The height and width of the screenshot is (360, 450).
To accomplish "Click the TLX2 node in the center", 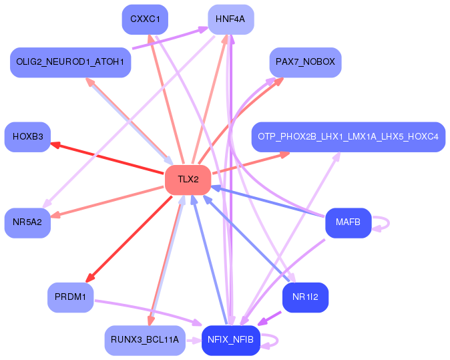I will tap(188, 180).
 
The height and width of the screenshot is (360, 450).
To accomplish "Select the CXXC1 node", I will tap(145, 19).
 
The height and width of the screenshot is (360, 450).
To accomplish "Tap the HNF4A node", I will tap(230, 19).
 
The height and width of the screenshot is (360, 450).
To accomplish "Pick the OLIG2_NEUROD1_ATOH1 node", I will tap(70, 62).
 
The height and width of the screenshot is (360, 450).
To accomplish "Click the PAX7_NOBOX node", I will tap(305, 62).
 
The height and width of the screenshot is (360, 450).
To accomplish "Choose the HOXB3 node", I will tap(27, 137).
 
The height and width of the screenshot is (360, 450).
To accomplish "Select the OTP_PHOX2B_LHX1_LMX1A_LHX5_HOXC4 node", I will tap(348, 137).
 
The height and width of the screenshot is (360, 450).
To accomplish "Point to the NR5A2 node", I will tap(27, 222).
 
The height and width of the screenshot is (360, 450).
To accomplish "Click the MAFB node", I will tap(348, 222).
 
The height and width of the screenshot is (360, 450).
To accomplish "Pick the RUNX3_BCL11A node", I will tap(145, 340).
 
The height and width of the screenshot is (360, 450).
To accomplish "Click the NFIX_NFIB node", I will tap(230, 340).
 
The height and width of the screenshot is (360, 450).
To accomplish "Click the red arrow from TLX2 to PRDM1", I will tap(134, 234).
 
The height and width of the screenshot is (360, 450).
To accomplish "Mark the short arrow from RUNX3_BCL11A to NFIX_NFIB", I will tap(193, 340).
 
